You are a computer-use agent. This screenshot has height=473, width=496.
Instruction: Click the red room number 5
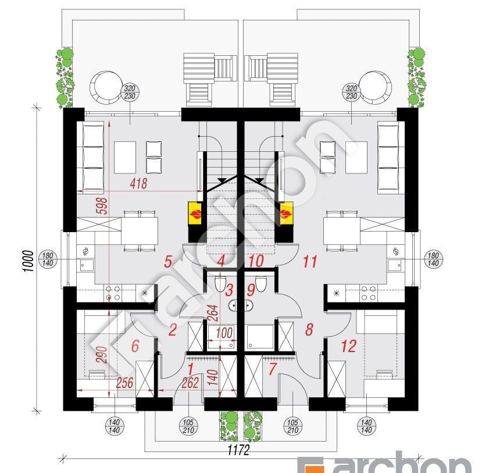(x=168, y=261)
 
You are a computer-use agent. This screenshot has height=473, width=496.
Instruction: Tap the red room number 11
(x=310, y=261)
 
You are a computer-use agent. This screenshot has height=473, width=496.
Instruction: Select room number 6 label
(x=135, y=346)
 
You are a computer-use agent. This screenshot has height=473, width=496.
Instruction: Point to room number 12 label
(x=348, y=346)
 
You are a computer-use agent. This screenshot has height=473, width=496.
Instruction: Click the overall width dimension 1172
(x=238, y=450)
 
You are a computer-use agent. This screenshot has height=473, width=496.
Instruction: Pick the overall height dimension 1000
(x=28, y=261)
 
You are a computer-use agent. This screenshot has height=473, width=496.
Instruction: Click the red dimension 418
(x=138, y=184)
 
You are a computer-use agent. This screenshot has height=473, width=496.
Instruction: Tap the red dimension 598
(x=103, y=206)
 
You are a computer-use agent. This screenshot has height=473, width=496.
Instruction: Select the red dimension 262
(x=190, y=383)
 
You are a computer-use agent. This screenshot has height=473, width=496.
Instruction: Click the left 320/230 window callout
(x=130, y=92)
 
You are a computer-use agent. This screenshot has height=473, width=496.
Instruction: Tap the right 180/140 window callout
(x=433, y=259)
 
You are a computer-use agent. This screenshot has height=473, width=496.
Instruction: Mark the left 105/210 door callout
(x=188, y=426)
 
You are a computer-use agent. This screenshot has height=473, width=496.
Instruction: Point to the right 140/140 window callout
(x=366, y=426)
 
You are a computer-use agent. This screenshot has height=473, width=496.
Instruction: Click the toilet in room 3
(x=220, y=283)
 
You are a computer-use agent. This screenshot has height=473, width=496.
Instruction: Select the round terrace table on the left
(x=106, y=87)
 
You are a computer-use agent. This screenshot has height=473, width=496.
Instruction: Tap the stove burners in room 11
(x=369, y=293)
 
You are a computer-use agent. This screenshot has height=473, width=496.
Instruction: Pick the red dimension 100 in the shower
(x=224, y=333)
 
